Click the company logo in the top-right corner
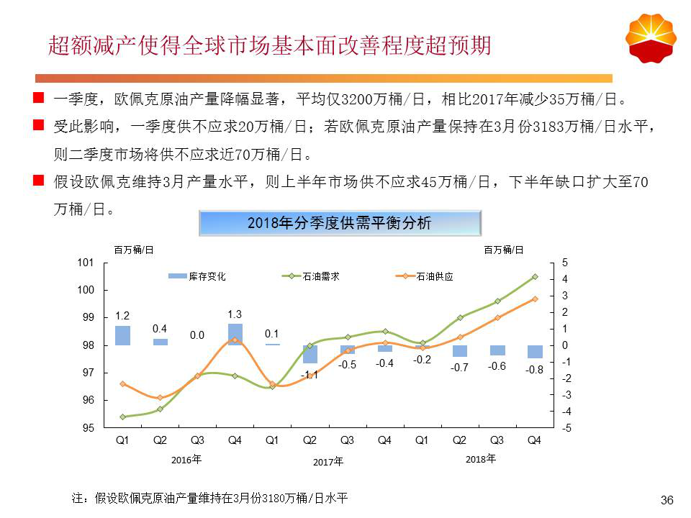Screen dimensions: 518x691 pos(651,39)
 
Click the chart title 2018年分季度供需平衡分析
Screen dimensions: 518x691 pos(339,223)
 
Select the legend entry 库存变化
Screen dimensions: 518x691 pos(197,276)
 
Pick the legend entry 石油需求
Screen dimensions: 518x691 pos(310,276)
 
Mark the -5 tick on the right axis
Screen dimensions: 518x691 pos(565,428)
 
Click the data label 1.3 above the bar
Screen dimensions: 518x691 pos(235,314)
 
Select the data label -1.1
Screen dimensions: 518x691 pos(310,374)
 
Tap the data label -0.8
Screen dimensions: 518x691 pos(534,370)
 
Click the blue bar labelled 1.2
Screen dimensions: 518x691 pos(122,335)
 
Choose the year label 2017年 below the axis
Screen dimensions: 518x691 pos(328,462)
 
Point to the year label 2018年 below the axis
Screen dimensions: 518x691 pos(481,459)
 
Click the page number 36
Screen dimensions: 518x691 pos(667,500)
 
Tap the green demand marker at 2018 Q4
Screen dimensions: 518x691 pos(535,276)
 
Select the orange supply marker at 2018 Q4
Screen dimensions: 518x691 pos(535,299)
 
